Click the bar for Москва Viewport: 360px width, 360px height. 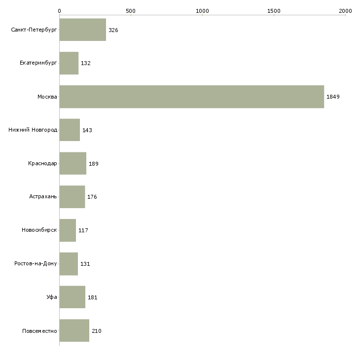(192, 97)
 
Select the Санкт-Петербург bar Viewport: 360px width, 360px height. (83, 30)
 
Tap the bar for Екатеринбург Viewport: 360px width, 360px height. (69, 63)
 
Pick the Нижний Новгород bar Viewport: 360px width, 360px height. (70, 130)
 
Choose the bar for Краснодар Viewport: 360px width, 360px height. (73, 163)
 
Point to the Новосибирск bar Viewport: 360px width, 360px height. (68, 230)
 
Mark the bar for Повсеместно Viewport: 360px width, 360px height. (74, 330)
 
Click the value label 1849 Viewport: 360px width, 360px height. (333, 97)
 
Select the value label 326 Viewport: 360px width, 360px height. (113, 30)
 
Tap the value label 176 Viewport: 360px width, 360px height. (92, 197)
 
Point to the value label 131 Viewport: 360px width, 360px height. (85, 264)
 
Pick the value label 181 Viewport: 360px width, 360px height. (93, 297)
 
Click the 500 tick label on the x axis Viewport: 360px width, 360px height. (131, 11)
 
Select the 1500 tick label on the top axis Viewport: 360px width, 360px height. (274, 11)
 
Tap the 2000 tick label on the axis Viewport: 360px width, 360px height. (345, 11)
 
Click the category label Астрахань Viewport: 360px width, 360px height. (43, 197)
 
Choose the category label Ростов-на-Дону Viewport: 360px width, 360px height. (36, 263)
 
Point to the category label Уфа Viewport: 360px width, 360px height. (52, 297)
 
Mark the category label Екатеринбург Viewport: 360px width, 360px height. (38, 63)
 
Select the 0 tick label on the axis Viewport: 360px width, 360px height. (60, 11)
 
